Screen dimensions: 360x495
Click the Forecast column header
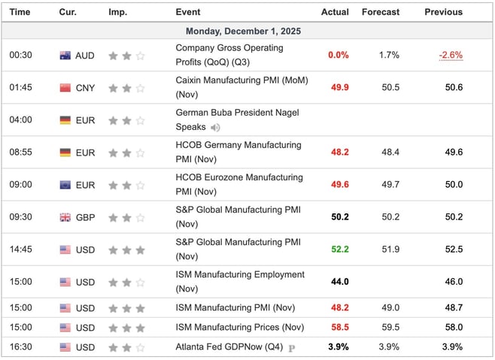(x=381, y=12)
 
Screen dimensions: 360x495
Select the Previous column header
(x=443, y=12)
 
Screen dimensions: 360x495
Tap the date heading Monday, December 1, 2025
(x=247, y=32)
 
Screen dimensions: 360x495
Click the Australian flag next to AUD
(x=65, y=56)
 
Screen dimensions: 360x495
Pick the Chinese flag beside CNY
(x=65, y=88)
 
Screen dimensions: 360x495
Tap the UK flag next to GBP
(x=65, y=217)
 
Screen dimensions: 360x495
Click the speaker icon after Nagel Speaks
(x=216, y=128)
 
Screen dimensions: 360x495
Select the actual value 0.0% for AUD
(x=339, y=55)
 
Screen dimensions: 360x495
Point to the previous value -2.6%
(x=451, y=55)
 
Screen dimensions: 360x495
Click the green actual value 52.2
(x=340, y=250)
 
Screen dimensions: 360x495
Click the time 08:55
(x=20, y=153)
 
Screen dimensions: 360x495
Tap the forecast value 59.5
(x=390, y=328)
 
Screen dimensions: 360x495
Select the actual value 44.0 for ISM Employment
(x=340, y=282)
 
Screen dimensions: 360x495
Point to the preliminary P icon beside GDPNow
(x=290, y=347)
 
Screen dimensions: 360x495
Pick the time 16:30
(x=20, y=346)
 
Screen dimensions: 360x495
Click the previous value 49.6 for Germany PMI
(x=454, y=153)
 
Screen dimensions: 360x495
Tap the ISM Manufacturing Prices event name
(x=239, y=327)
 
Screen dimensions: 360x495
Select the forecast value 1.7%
(x=389, y=55)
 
